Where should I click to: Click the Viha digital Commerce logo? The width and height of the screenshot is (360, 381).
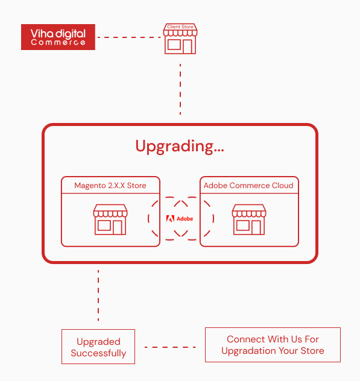(x=58, y=37)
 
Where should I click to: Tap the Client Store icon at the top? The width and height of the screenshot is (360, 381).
(x=180, y=39)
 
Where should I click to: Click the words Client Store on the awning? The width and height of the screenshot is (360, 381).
(x=180, y=27)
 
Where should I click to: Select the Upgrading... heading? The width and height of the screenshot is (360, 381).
(x=180, y=146)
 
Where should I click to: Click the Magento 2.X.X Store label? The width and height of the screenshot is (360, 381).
(x=110, y=186)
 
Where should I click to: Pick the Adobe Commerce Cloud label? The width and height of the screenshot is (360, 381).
(x=248, y=186)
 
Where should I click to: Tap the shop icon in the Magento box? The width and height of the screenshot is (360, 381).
(x=110, y=219)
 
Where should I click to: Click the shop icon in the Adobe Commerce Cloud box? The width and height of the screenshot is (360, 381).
(x=249, y=219)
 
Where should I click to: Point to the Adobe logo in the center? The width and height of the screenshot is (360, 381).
(x=180, y=219)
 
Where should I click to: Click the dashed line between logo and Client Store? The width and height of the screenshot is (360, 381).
(x=129, y=37)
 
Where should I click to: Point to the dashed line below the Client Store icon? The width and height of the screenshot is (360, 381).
(x=180, y=89)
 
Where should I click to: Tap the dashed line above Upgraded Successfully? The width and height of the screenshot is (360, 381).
(x=98, y=295)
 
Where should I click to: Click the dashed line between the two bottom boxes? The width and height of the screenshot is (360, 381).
(x=170, y=347)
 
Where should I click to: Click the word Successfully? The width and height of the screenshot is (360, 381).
(x=98, y=353)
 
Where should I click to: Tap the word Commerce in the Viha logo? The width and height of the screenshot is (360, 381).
(x=58, y=42)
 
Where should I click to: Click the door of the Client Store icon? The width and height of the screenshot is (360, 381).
(x=188, y=46)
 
